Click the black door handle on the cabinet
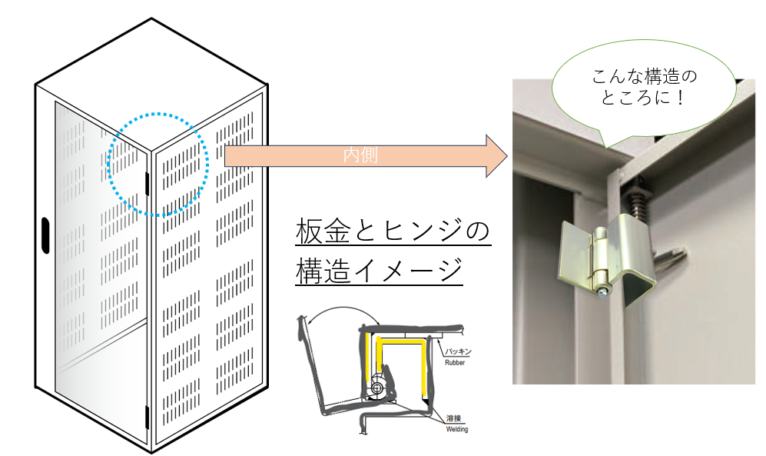click(45, 235)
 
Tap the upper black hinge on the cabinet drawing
click(147, 184)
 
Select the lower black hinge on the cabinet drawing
click(146, 418)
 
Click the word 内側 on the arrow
click(360, 155)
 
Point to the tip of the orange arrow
click(508, 156)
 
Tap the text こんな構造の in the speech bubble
click(645, 76)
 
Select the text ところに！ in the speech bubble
click(643, 98)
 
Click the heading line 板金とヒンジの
click(393, 231)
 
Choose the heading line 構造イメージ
click(379, 270)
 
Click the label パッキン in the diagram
click(458, 351)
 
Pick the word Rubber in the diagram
click(455, 363)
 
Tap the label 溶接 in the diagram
click(453, 418)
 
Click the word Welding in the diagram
click(457, 429)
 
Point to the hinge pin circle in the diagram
click(377, 388)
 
